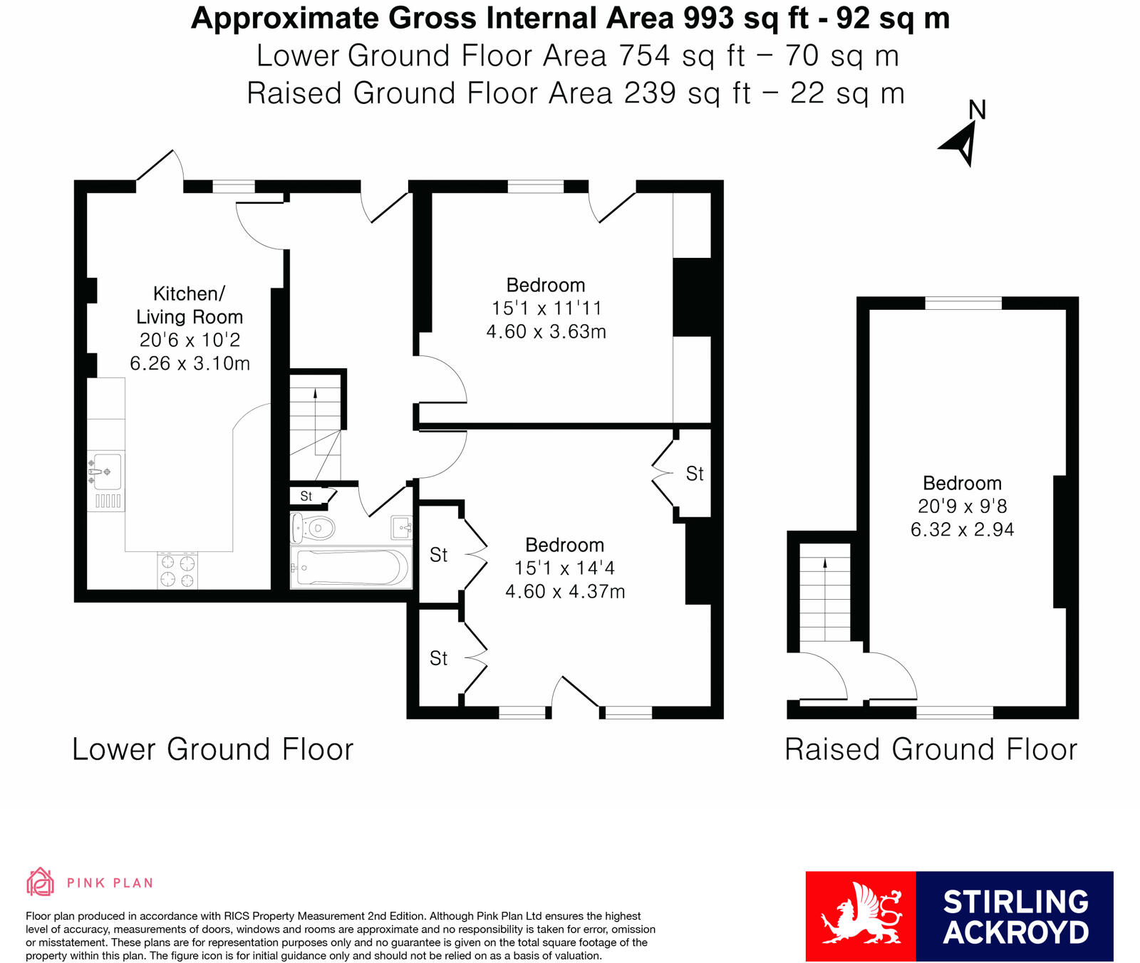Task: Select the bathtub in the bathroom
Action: tap(351, 568)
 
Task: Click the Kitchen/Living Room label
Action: tap(190, 305)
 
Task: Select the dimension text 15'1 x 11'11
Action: tap(546, 308)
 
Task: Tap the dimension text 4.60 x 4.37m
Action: tap(565, 592)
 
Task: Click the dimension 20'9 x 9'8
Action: tap(962, 506)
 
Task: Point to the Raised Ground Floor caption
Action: tap(931, 749)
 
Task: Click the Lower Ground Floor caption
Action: tap(213, 749)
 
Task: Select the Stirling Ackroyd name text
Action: tap(1015, 917)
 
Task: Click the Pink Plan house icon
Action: tap(40, 882)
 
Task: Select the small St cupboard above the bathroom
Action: tap(307, 496)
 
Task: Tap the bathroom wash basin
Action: tap(402, 528)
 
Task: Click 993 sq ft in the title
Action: tap(745, 19)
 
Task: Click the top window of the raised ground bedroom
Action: tap(963, 303)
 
